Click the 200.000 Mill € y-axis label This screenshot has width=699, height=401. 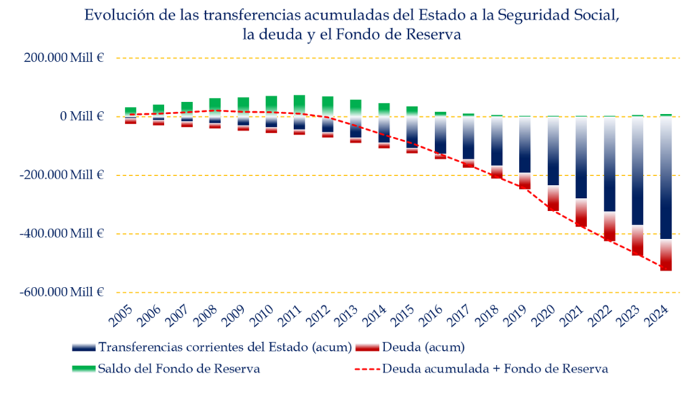63,58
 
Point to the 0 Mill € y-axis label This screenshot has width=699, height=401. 82,116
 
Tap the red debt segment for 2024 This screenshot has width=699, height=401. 666,255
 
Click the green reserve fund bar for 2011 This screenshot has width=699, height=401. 300,105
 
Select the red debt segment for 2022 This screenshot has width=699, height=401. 609,226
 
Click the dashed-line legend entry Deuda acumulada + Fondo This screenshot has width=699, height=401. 495,369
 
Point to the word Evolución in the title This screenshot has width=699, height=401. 115,15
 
